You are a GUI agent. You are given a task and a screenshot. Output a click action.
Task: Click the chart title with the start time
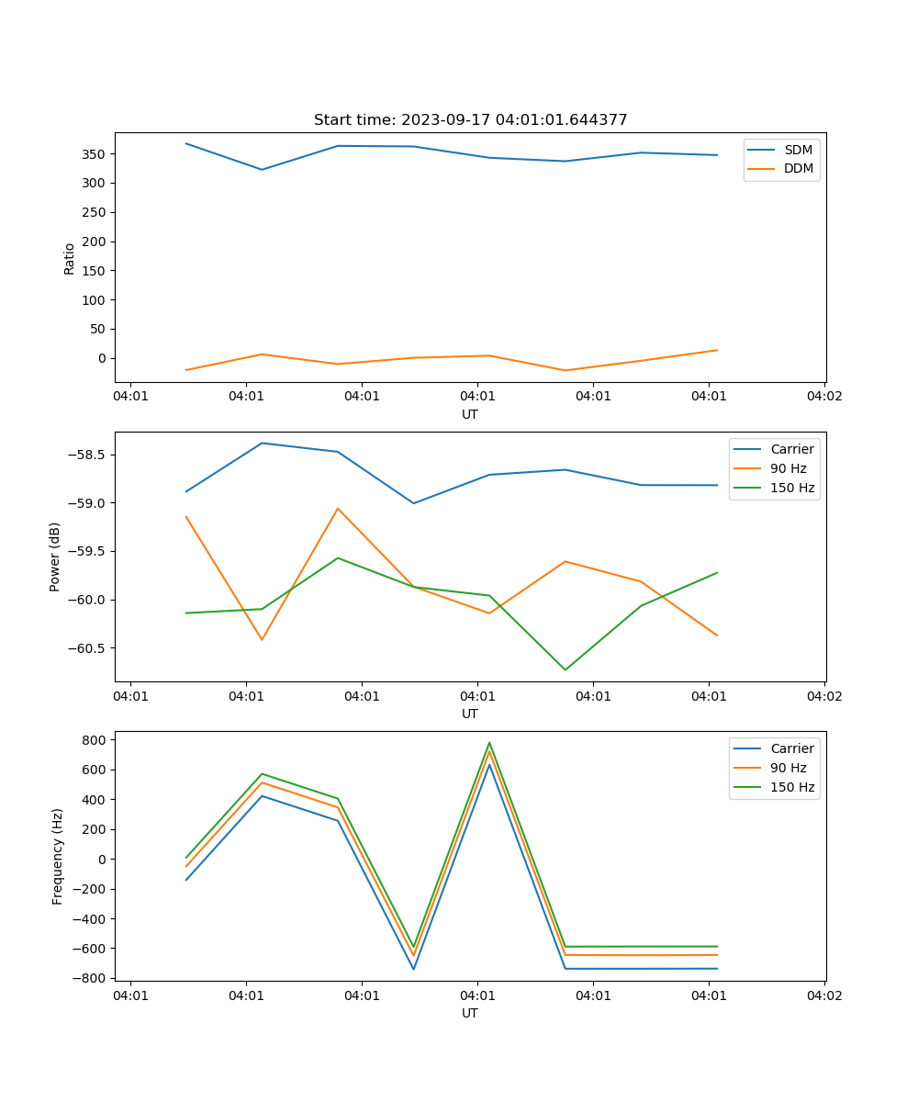pos(470,120)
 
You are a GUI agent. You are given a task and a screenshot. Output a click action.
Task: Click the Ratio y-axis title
pos(70,258)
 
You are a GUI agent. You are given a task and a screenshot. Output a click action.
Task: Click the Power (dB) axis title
pos(55,557)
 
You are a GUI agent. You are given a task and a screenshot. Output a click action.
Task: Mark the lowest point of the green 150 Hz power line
pos(565,669)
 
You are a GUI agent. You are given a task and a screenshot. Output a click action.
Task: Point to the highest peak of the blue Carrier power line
pos(262,443)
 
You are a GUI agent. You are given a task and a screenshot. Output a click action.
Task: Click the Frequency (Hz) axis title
pos(58,856)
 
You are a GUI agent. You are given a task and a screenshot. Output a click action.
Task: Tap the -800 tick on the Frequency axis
pos(92,978)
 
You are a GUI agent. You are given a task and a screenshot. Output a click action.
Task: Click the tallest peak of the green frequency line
pos(489,743)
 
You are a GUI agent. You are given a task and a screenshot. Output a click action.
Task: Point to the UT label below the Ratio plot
pos(470,414)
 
